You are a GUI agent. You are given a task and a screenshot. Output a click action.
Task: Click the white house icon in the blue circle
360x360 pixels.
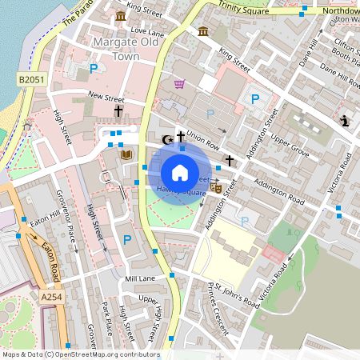pyautogui.click(x=180, y=172)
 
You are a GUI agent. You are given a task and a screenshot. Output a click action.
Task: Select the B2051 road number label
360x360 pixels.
pyautogui.click(x=30, y=79)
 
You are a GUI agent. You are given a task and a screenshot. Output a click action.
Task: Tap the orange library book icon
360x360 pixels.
pyautogui.click(x=125, y=154)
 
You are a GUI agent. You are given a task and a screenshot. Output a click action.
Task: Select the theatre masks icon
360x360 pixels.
pyautogui.click(x=215, y=186)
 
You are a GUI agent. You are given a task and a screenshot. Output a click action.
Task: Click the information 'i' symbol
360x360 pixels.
pyautogui.click(x=344, y=121)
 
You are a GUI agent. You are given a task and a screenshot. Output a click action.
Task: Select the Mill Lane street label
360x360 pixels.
pyautogui.click(x=140, y=278)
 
